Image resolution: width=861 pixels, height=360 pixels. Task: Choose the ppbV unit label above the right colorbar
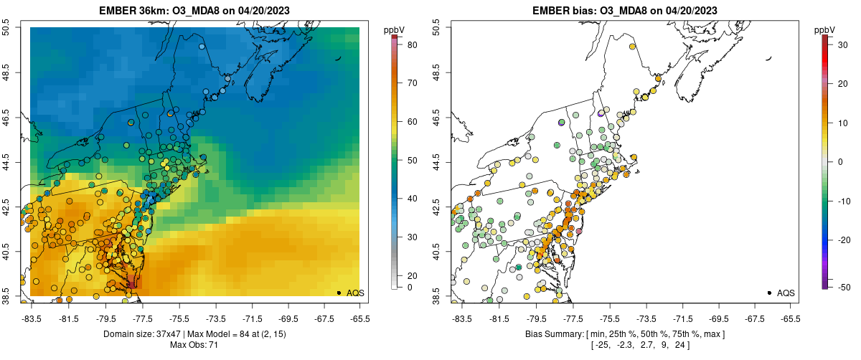pyautogui.click(x=825, y=29)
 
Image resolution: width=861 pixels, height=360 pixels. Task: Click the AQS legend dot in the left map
pyautogui.click(x=339, y=293)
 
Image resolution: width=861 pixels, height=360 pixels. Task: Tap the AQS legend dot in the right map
pyautogui.click(x=769, y=293)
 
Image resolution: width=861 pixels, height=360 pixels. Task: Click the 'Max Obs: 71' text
pyautogui.click(x=194, y=346)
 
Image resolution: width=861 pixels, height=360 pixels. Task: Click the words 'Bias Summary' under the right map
pyautogui.click(x=552, y=334)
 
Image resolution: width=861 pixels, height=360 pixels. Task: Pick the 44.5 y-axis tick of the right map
pyautogui.click(x=436, y=161)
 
